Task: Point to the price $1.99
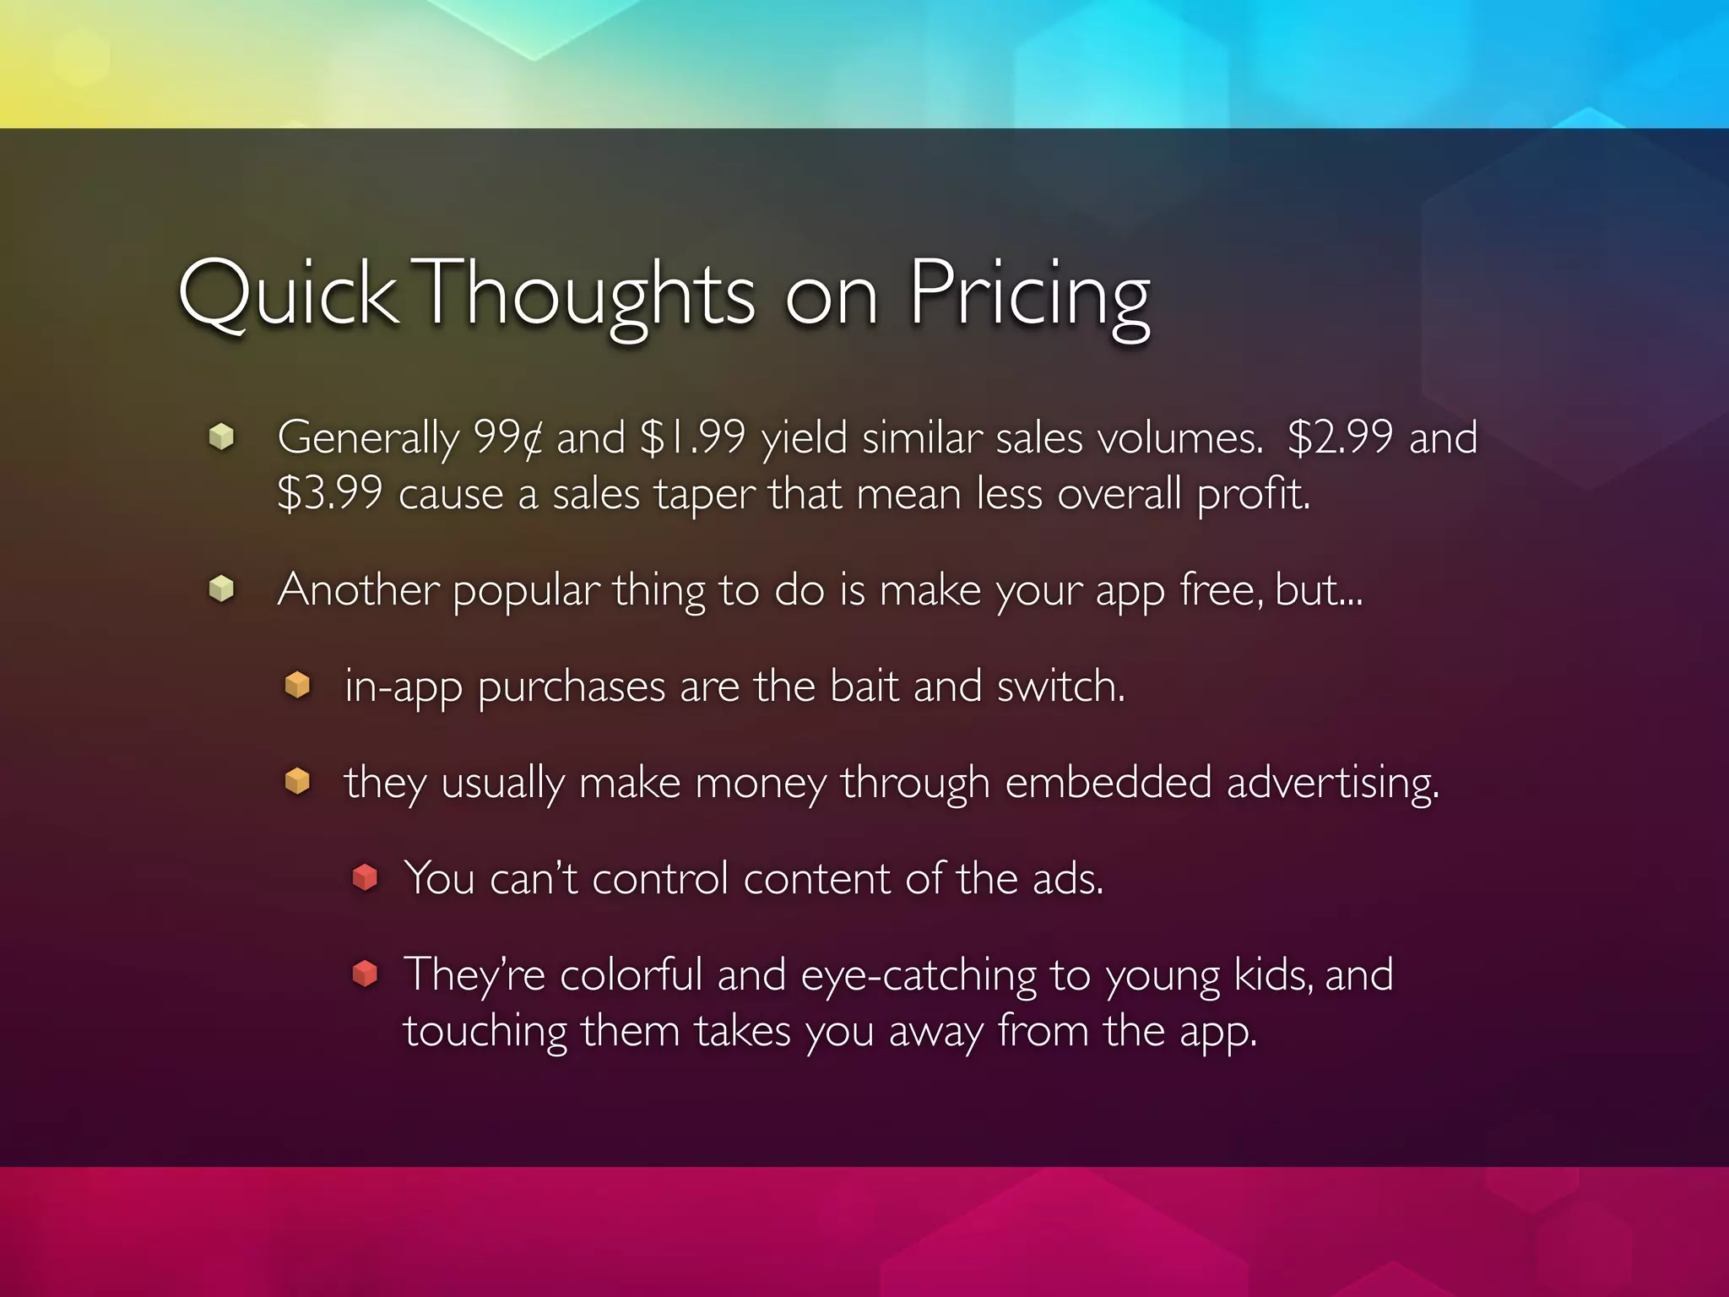click(x=692, y=438)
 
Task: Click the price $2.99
click(x=1340, y=438)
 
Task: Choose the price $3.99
click(x=330, y=494)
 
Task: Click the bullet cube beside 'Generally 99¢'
click(x=221, y=437)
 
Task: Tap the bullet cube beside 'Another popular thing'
click(x=221, y=589)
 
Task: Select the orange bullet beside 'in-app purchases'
click(x=297, y=685)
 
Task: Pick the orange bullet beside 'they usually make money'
click(x=297, y=781)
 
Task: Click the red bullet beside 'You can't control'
click(x=365, y=877)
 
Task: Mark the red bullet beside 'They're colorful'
click(x=365, y=974)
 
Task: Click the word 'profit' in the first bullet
click(x=1251, y=494)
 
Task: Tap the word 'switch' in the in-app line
click(x=1059, y=686)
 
